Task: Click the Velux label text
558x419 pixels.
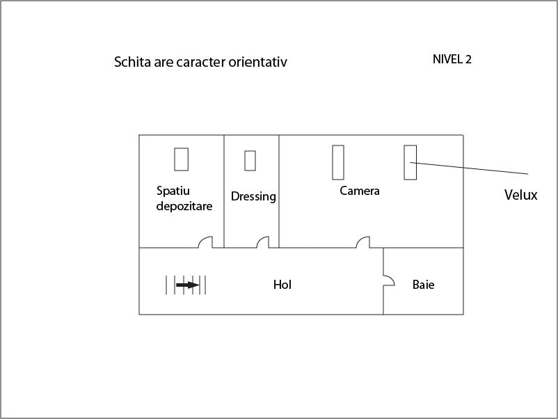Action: click(520, 195)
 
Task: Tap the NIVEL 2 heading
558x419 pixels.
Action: click(452, 59)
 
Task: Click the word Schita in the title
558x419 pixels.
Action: click(132, 62)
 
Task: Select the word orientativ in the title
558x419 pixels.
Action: click(257, 62)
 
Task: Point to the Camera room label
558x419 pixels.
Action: click(360, 191)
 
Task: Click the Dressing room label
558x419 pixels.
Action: click(253, 196)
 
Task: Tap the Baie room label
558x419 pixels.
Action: click(423, 285)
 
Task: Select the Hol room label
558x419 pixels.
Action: click(282, 285)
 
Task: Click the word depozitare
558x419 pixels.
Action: click(184, 206)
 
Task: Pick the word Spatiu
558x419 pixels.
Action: click(173, 191)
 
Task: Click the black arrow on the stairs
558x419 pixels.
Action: click(188, 285)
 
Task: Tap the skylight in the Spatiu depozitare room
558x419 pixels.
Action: click(181, 159)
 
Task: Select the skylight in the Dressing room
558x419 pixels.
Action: click(250, 161)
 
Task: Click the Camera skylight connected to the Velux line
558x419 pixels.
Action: click(410, 162)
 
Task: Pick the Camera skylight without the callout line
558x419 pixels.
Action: click(338, 162)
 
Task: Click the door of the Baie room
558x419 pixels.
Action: click(389, 280)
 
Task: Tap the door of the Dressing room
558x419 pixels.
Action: click(262, 242)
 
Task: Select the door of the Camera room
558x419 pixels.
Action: click(363, 242)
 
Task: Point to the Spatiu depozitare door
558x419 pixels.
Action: click(205, 242)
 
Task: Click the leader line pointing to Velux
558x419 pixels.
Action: click(469, 168)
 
